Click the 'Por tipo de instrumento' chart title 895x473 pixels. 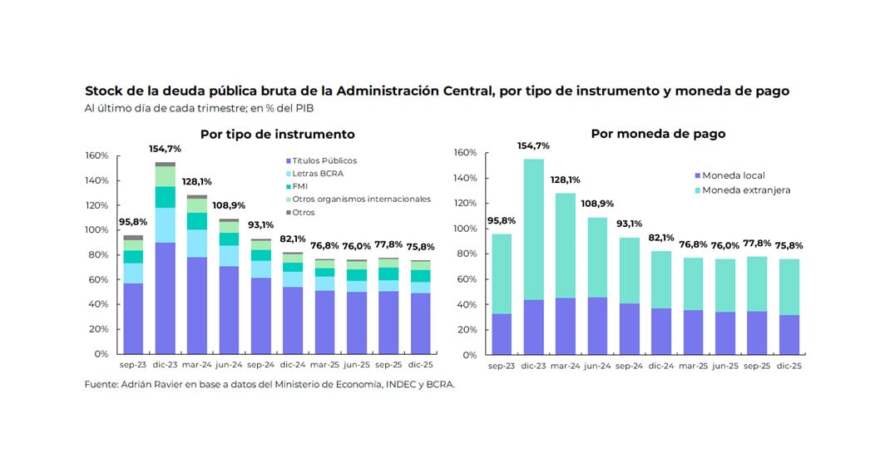coord(277,135)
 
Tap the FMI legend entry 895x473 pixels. coord(300,186)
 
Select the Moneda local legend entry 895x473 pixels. coord(733,175)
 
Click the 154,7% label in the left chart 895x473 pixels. coord(165,149)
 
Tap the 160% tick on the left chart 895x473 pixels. coord(97,155)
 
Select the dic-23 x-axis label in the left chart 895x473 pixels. coord(165,364)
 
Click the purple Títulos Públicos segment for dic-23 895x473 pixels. coord(165,298)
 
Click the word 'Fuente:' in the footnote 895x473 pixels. coord(101,385)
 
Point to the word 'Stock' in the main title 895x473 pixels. coord(103,91)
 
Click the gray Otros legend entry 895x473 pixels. coord(304,212)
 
